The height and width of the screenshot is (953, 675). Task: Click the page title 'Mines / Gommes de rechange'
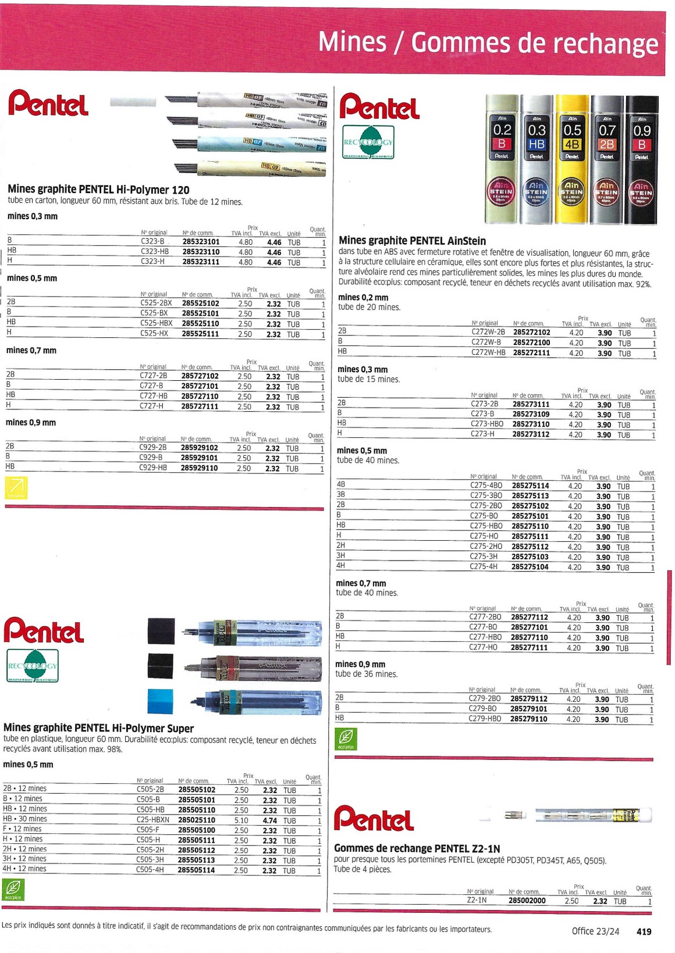[x=488, y=42]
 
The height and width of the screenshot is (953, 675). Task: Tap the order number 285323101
[x=201, y=242]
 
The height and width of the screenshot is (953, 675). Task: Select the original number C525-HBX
[x=156, y=323]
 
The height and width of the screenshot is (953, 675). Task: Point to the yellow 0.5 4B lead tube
[x=572, y=159]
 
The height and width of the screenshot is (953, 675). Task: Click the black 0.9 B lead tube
[x=641, y=159]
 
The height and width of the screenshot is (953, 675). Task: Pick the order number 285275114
[x=530, y=486]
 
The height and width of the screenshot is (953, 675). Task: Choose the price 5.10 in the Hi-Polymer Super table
[x=241, y=820]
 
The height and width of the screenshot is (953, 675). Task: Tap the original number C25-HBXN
[x=152, y=820]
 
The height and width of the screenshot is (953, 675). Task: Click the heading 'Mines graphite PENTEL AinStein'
[x=412, y=241]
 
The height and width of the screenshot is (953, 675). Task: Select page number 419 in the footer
[x=644, y=931]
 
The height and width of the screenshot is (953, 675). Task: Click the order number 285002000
[x=527, y=901]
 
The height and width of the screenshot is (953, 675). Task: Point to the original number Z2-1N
[x=477, y=900]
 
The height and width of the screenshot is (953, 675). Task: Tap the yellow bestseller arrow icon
[x=16, y=487]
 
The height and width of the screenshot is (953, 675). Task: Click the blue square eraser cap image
[x=161, y=701]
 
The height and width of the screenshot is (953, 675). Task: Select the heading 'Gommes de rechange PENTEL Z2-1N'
[x=417, y=848]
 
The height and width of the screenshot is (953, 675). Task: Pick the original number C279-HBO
[x=485, y=719]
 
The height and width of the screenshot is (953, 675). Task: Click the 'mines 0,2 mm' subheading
[x=363, y=297]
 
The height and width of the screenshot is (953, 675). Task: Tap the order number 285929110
[x=199, y=468]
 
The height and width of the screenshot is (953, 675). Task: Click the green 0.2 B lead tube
[x=502, y=159]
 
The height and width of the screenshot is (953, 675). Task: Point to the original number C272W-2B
[x=488, y=333]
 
